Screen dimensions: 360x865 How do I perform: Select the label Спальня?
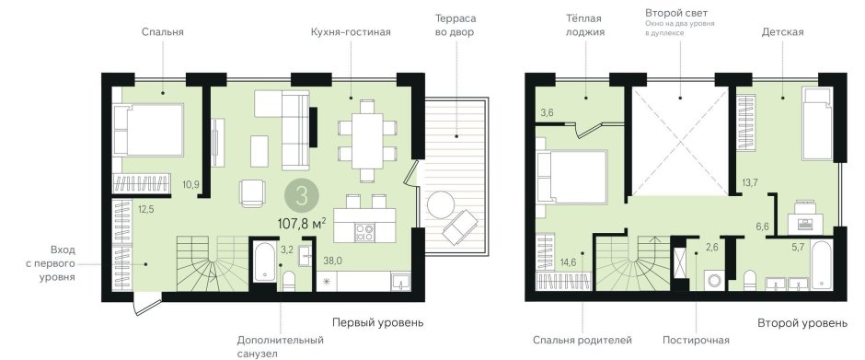163,31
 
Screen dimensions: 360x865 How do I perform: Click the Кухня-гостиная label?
351,31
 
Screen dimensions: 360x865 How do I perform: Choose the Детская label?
782,31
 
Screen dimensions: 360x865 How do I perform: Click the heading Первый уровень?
377,323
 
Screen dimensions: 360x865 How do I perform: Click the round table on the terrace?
440,203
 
